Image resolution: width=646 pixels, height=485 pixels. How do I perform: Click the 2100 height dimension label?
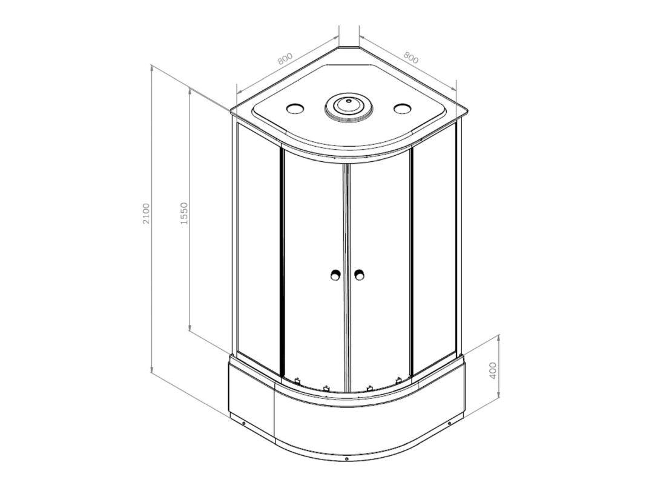click(147, 213)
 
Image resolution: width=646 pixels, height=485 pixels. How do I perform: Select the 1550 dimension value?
click(184, 213)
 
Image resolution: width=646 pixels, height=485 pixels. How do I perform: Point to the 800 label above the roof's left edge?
click(285, 59)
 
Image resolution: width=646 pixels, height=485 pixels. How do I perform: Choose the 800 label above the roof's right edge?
click(410, 58)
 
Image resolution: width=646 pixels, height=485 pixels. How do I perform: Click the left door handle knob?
click(336, 275)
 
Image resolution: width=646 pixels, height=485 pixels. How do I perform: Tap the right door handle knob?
click(360, 275)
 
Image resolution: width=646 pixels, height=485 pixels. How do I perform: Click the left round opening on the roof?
click(295, 108)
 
